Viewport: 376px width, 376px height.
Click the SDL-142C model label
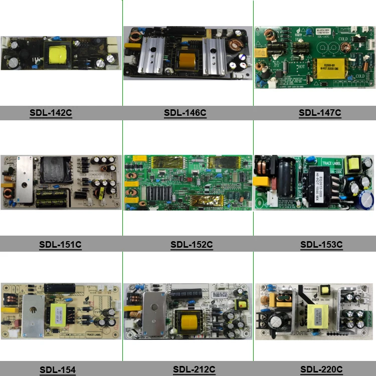pos(51,113)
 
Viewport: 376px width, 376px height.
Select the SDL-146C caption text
pos(185,113)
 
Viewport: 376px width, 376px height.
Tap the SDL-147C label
pos(320,113)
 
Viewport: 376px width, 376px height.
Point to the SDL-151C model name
pos(60,245)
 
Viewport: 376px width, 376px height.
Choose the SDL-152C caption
pos(192,245)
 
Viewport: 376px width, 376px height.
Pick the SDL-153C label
pos(321,245)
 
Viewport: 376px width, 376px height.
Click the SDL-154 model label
pos(58,370)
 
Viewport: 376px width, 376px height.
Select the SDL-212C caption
pos(194,370)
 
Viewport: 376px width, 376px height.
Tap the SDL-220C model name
pos(321,370)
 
